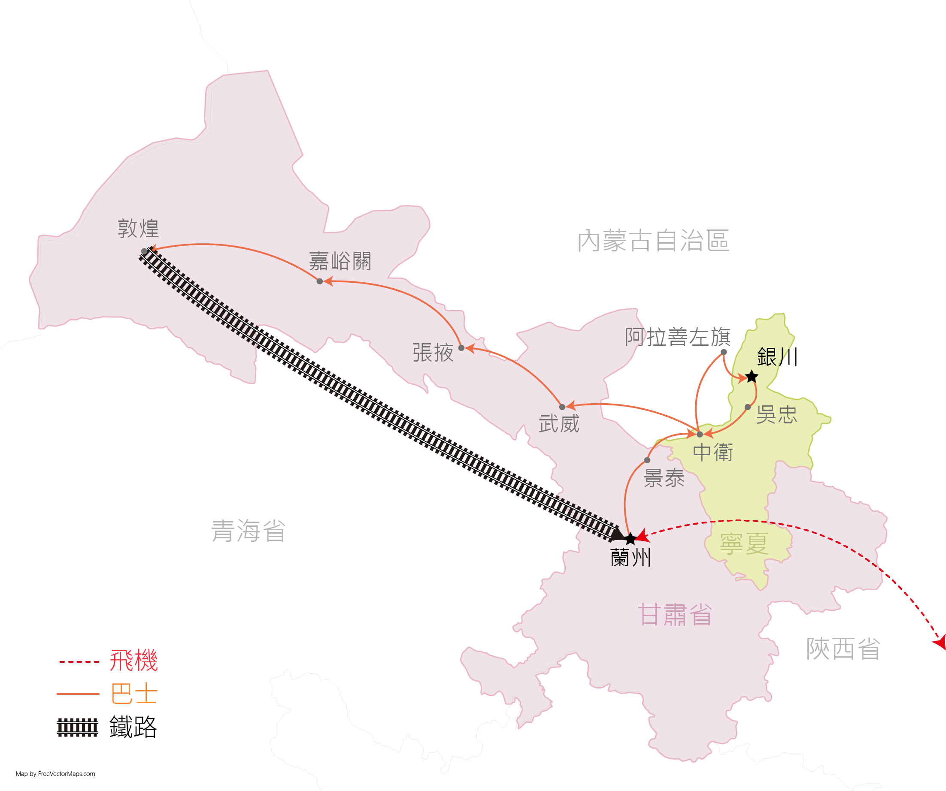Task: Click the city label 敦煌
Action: (x=138, y=229)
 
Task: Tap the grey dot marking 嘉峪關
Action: (x=320, y=281)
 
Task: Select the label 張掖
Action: (x=433, y=353)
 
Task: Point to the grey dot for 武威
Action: (x=562, y=407)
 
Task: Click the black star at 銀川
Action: (x=752, y=376)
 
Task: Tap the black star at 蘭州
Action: (x=630, y=538)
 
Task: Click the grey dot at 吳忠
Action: (x=748, y=407)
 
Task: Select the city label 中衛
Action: (x=713, y=452)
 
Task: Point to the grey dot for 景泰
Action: (x=647, y=460)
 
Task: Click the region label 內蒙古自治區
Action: (x=653, y=240)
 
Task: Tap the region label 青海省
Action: (x=248, y=531)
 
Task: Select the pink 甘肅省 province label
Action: (x=675, y=615)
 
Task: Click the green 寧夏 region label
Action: (x=744, y=543)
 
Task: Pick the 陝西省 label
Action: (x=843, y=649)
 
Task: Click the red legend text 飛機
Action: (x=134, y=661)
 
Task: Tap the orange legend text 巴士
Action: (x=134, y=694)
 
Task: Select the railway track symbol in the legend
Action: (x=78, y=727)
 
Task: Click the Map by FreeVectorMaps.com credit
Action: (x=55, y=774)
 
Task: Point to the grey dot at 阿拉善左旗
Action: (x=724, y=352)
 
